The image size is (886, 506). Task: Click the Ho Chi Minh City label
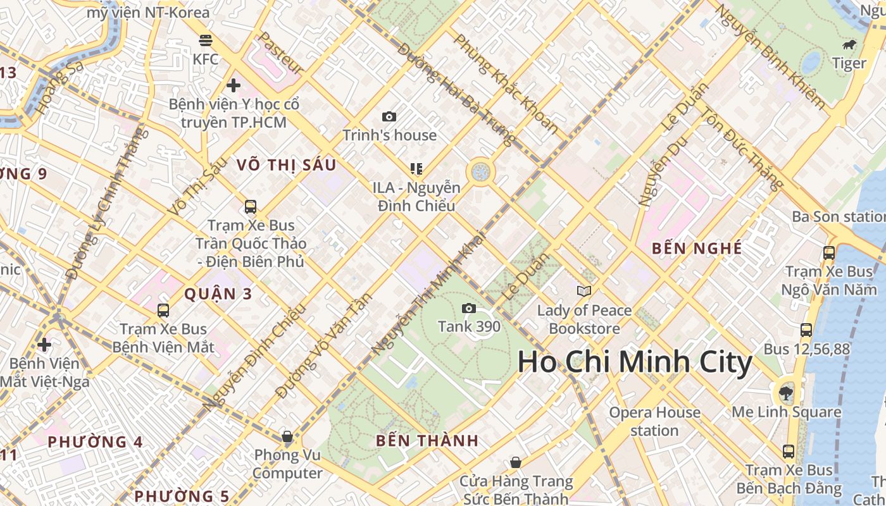point(635,362)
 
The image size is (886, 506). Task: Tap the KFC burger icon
point(205,41)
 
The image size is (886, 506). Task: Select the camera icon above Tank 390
point(469,308)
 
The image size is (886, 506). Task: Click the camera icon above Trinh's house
point(389,116)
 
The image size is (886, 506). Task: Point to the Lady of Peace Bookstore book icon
point(583,291)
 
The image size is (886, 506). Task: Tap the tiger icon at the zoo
point(849,45)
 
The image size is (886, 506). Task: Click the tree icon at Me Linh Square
point(786,393)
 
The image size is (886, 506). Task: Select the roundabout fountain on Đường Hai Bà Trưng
point(480,171)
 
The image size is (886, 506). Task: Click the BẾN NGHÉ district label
point(697,249)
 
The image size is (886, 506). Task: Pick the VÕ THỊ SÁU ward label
point(286,165)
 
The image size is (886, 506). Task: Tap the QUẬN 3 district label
point(218,294)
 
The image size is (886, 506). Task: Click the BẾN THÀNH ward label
point(427,441)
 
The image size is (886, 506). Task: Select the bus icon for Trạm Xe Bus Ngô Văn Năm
point(829,253)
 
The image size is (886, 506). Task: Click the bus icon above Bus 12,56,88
point(806,330)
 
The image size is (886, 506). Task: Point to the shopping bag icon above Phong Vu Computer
point(287,436)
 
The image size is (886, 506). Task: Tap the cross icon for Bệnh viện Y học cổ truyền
point(234,85)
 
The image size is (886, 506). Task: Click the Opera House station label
point(654,422)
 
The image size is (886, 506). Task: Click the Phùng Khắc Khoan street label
point(506,83)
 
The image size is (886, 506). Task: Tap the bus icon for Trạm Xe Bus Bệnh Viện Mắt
point(163,311)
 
